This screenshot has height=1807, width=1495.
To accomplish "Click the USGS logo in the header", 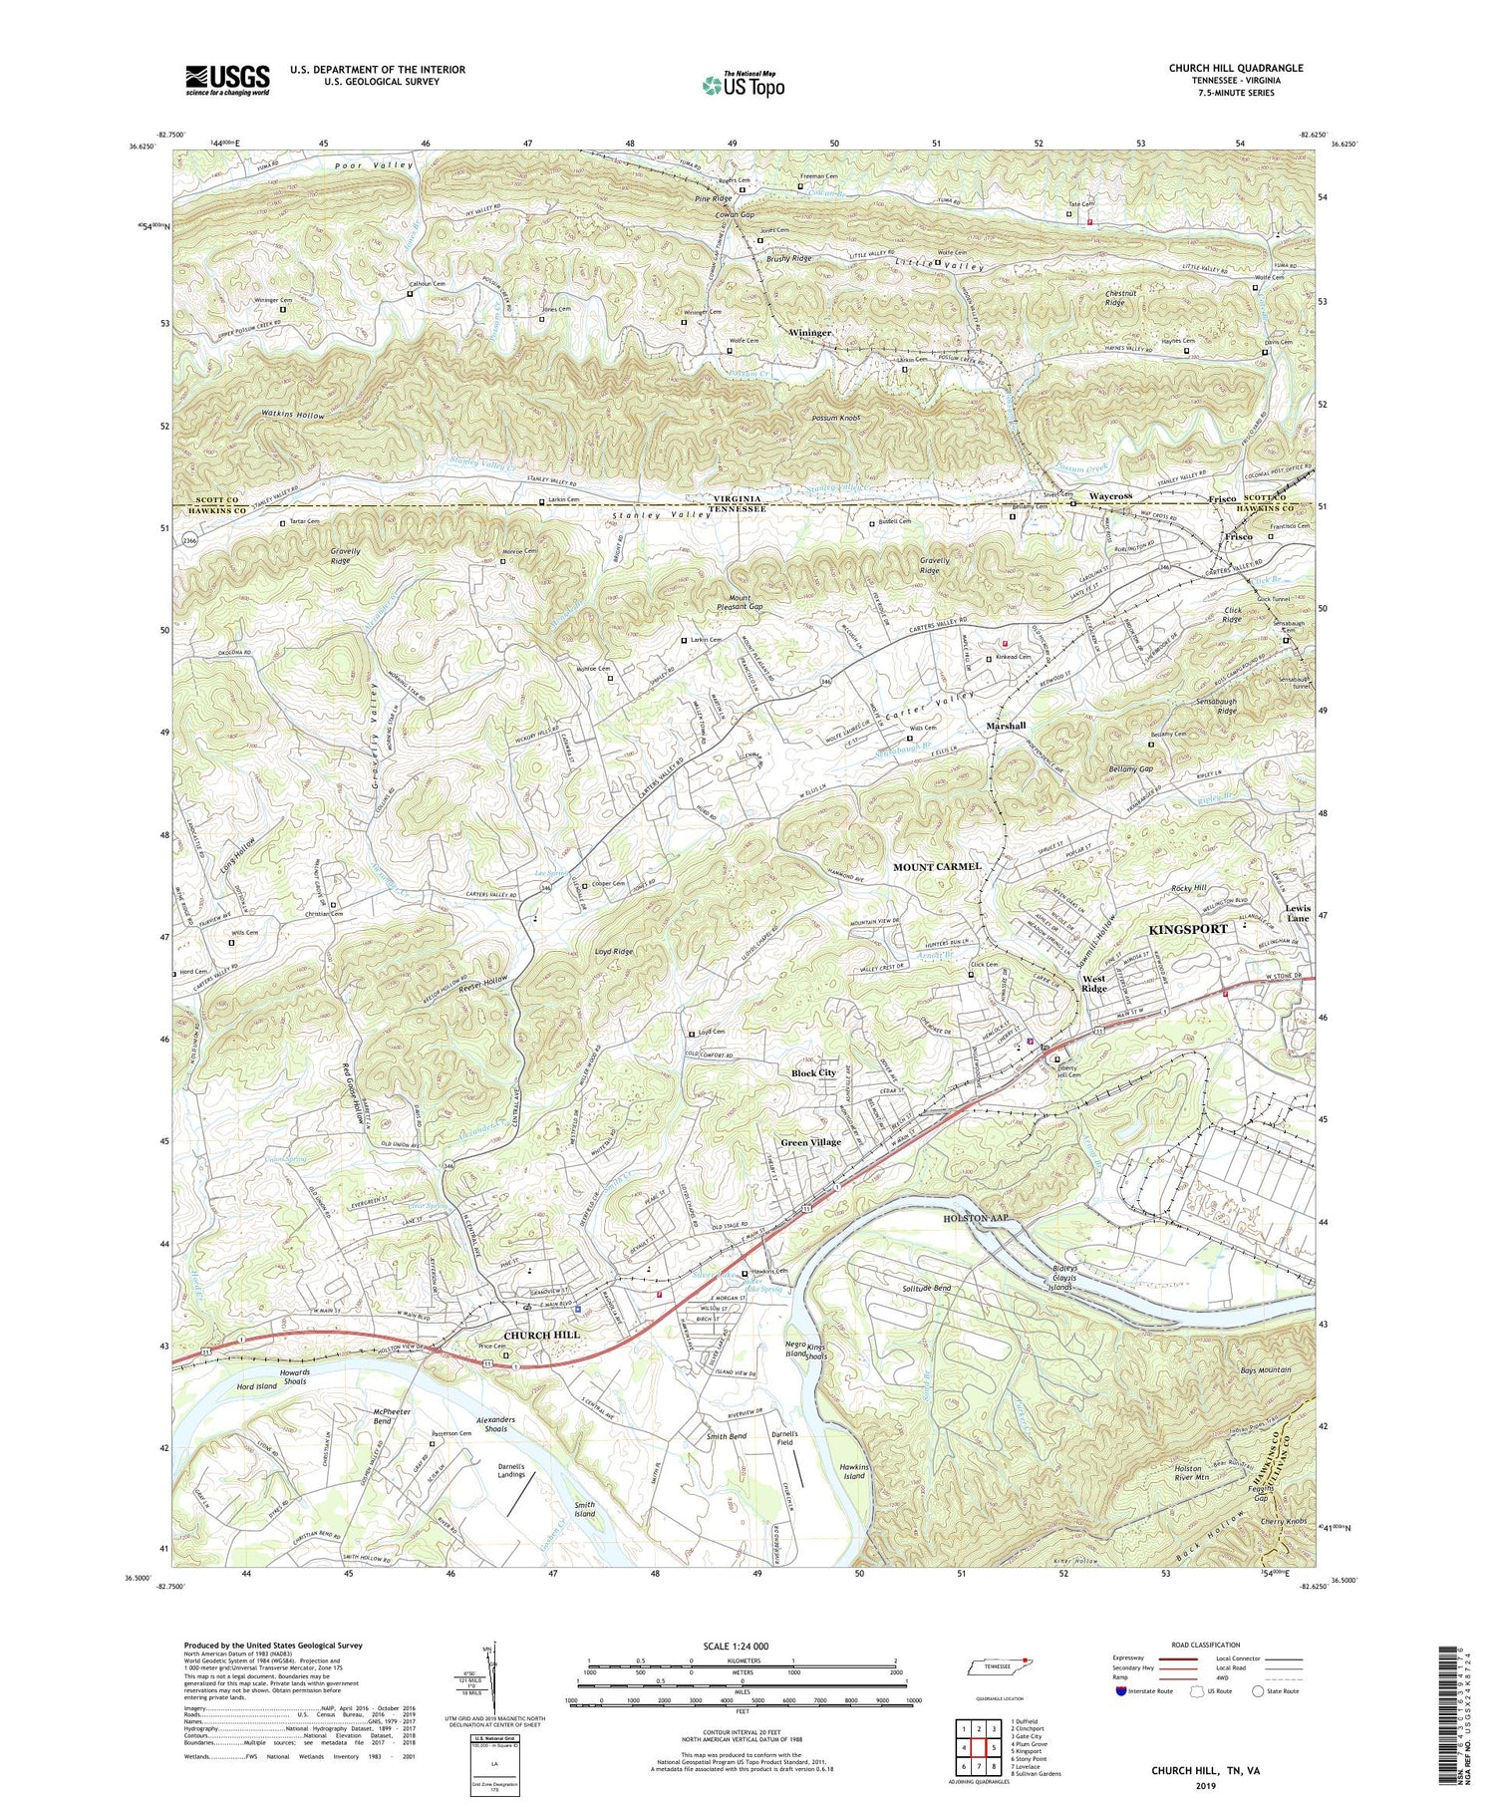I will tap(227, 80).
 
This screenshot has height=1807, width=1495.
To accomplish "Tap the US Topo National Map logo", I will tap(743, 85).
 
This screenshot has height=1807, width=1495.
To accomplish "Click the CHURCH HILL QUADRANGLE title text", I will tap(1236, 68).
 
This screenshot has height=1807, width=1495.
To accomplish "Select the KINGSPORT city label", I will tap(1188, 929).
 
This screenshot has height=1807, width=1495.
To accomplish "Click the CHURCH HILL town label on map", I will tap(541, 1335).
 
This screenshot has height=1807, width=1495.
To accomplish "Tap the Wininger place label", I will tap(810, 332).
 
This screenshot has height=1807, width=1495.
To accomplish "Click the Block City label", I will tap(813, 1073).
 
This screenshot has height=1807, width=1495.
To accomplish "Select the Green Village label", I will tap(810, 1142).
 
